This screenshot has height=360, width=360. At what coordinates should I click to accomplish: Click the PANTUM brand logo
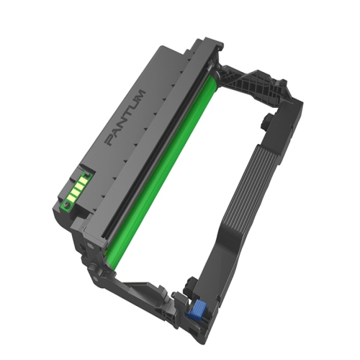coord(125,117)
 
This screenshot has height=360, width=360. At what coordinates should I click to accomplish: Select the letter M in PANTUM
coord(140,95)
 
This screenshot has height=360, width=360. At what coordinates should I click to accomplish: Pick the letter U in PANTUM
coord(135,104)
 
